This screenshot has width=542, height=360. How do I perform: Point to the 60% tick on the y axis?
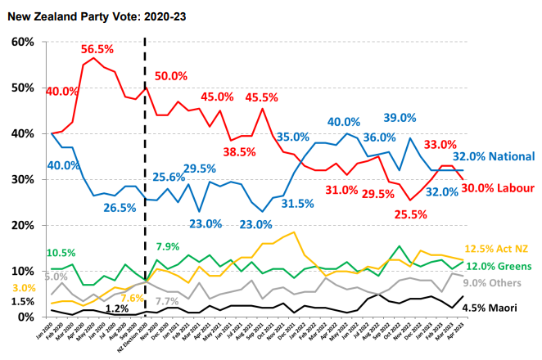(x=21, y=42)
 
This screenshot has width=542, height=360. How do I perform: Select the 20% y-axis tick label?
(x=21, y=225)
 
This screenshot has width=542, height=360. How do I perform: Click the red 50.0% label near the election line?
(x=171, y=76)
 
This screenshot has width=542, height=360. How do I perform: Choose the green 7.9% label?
(x=168, y=246)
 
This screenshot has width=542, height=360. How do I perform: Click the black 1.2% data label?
(x=117, y=308)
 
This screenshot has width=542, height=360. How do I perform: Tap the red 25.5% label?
(x=412, y=214)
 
